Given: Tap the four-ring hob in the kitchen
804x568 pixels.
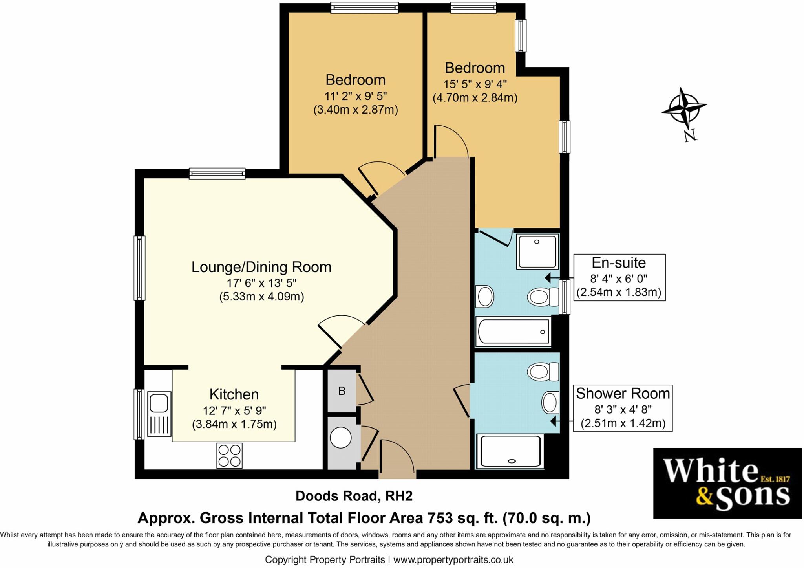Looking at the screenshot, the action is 229,455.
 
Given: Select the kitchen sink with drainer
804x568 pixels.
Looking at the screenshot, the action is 159,414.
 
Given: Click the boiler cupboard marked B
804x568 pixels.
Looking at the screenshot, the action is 342,391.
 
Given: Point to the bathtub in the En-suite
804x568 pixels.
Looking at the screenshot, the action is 513,332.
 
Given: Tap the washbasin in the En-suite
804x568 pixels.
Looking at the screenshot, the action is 484,296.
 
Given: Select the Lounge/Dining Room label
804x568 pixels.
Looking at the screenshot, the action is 261,267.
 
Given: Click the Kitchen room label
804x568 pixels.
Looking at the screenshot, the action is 234,394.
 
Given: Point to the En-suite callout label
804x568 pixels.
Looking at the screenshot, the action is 619,262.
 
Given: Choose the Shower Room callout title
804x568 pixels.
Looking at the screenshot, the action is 623,393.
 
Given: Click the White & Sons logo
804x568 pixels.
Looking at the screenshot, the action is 727,483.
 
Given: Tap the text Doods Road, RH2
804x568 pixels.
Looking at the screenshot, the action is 354,496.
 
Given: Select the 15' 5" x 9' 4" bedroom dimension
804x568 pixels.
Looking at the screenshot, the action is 475,84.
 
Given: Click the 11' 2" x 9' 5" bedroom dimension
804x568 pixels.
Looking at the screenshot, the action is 356,96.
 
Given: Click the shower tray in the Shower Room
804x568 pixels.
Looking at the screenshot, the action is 510,451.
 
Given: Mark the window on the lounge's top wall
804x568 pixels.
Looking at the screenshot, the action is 217,173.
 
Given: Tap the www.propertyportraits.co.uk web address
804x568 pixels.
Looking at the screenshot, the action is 453,560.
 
